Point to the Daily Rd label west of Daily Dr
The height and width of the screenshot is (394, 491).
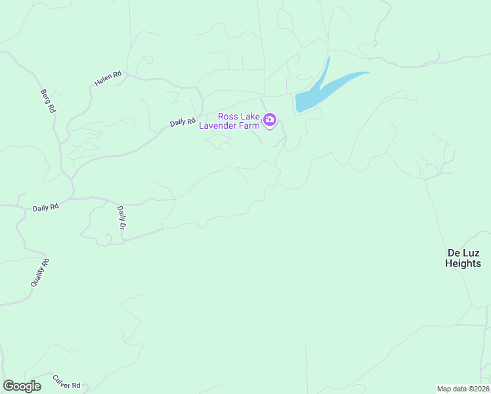point(46,208)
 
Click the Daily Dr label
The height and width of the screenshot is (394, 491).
point(121,217)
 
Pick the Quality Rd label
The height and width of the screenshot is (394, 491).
point(40,273)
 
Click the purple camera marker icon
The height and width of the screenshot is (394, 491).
point(269,120)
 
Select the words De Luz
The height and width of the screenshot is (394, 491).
point(463,253)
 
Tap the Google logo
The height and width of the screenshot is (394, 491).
point(22,386)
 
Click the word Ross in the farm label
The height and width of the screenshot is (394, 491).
point(228,116)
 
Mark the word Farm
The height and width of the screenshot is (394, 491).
point(248,125)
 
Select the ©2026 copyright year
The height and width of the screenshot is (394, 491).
point(478,389)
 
